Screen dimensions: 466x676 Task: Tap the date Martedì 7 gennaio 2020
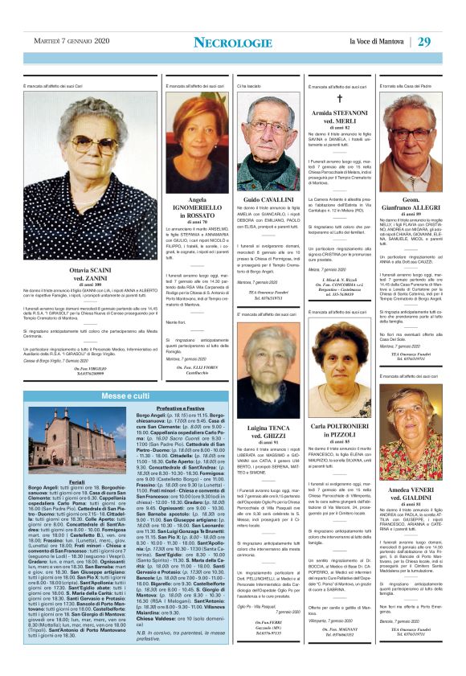pyautogui.click(x=70, y=42)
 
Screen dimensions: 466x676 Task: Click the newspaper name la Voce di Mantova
pyautogui.click(x=377, y=42)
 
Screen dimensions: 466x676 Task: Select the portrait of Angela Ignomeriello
pyautogui.click(x=197, y=133)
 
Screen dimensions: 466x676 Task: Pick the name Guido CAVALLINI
pyautogui.click(x=268, y=199)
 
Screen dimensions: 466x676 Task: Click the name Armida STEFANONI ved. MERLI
pyautogui.click(x=338, y=118)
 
